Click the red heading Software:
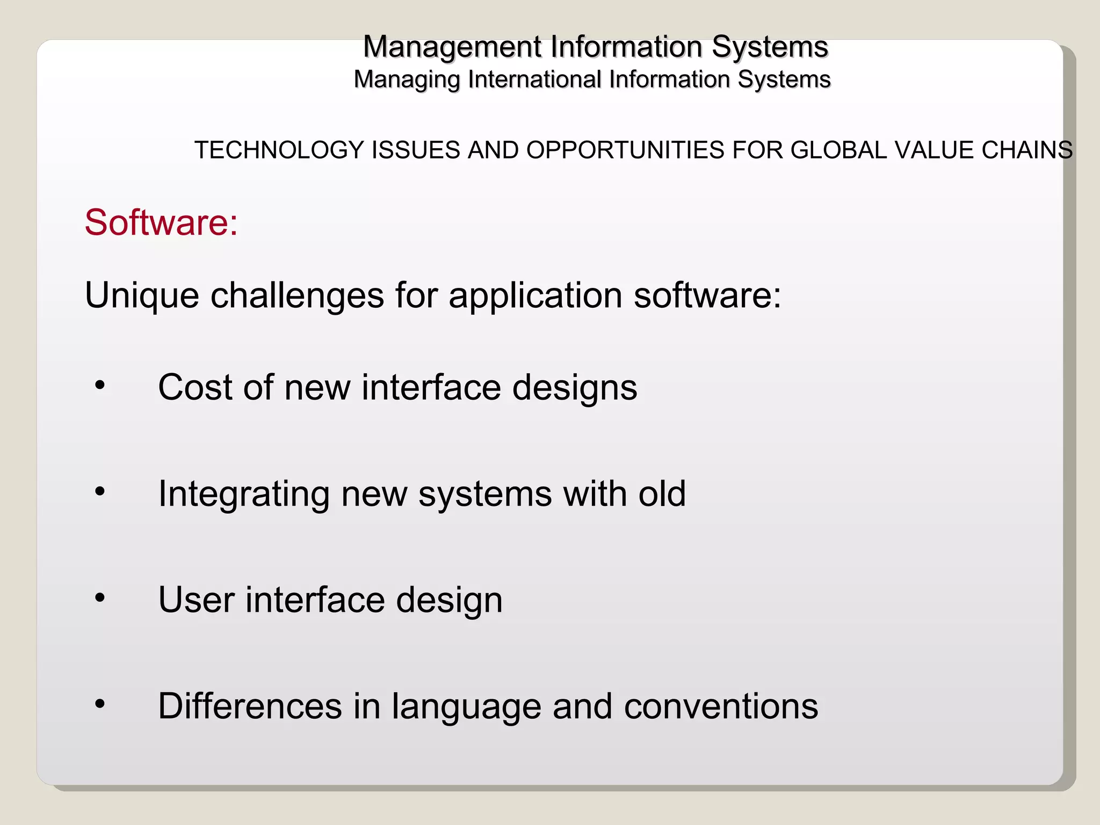click(161, 222)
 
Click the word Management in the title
click(452, 47)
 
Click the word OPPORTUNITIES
click(625, 150)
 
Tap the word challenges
click(297, 295)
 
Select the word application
click(535, 296)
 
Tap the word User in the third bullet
click(196, 599)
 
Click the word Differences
click(250, 706)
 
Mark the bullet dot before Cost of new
click(100, 385)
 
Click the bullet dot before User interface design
click(100, 597)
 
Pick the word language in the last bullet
click(466, 707)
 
